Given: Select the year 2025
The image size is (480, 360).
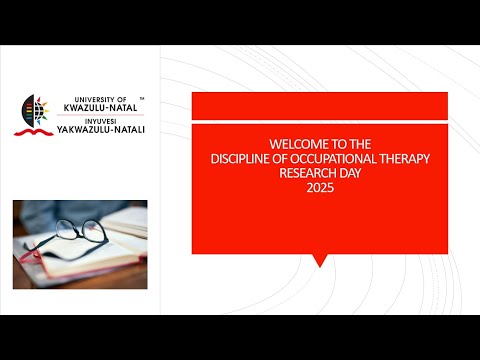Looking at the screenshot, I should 319,186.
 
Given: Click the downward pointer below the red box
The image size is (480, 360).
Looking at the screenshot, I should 319,260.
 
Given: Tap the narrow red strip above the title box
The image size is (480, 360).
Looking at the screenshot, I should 319,104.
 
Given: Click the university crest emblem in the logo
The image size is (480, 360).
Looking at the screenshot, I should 33,111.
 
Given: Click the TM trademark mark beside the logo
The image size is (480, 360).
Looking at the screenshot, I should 142,98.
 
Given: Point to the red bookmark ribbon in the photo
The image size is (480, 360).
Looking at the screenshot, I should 45,262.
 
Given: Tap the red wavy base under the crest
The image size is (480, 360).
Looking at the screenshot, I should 33,130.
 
